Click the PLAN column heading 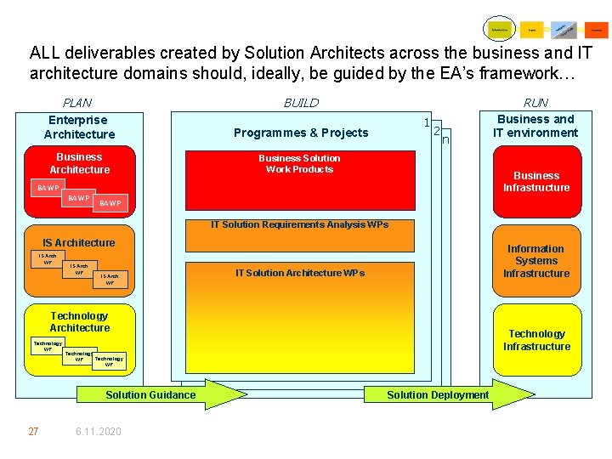(x=78, y=103)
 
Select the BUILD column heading (x=301, y=103)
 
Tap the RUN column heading (x=535, y=103)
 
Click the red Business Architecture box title (x=79, y=163)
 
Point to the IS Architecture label (x=79, y=243)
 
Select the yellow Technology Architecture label (x=79, y=321)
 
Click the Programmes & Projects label (x=301, y=133)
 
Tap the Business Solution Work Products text (x=299, y=164)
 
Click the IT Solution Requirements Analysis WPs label (x=299, y=224)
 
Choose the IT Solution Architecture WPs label (x=299, y=273)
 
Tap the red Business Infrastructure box (x=536, y=181)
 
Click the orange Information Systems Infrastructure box (x=535, y=261)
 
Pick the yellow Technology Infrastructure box (x=536, y=340)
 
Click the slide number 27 (x=33, y=432)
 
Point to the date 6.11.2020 (x=98, y=432)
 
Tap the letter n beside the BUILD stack (x=445, y=139)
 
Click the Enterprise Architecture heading (x=79, y=127)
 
